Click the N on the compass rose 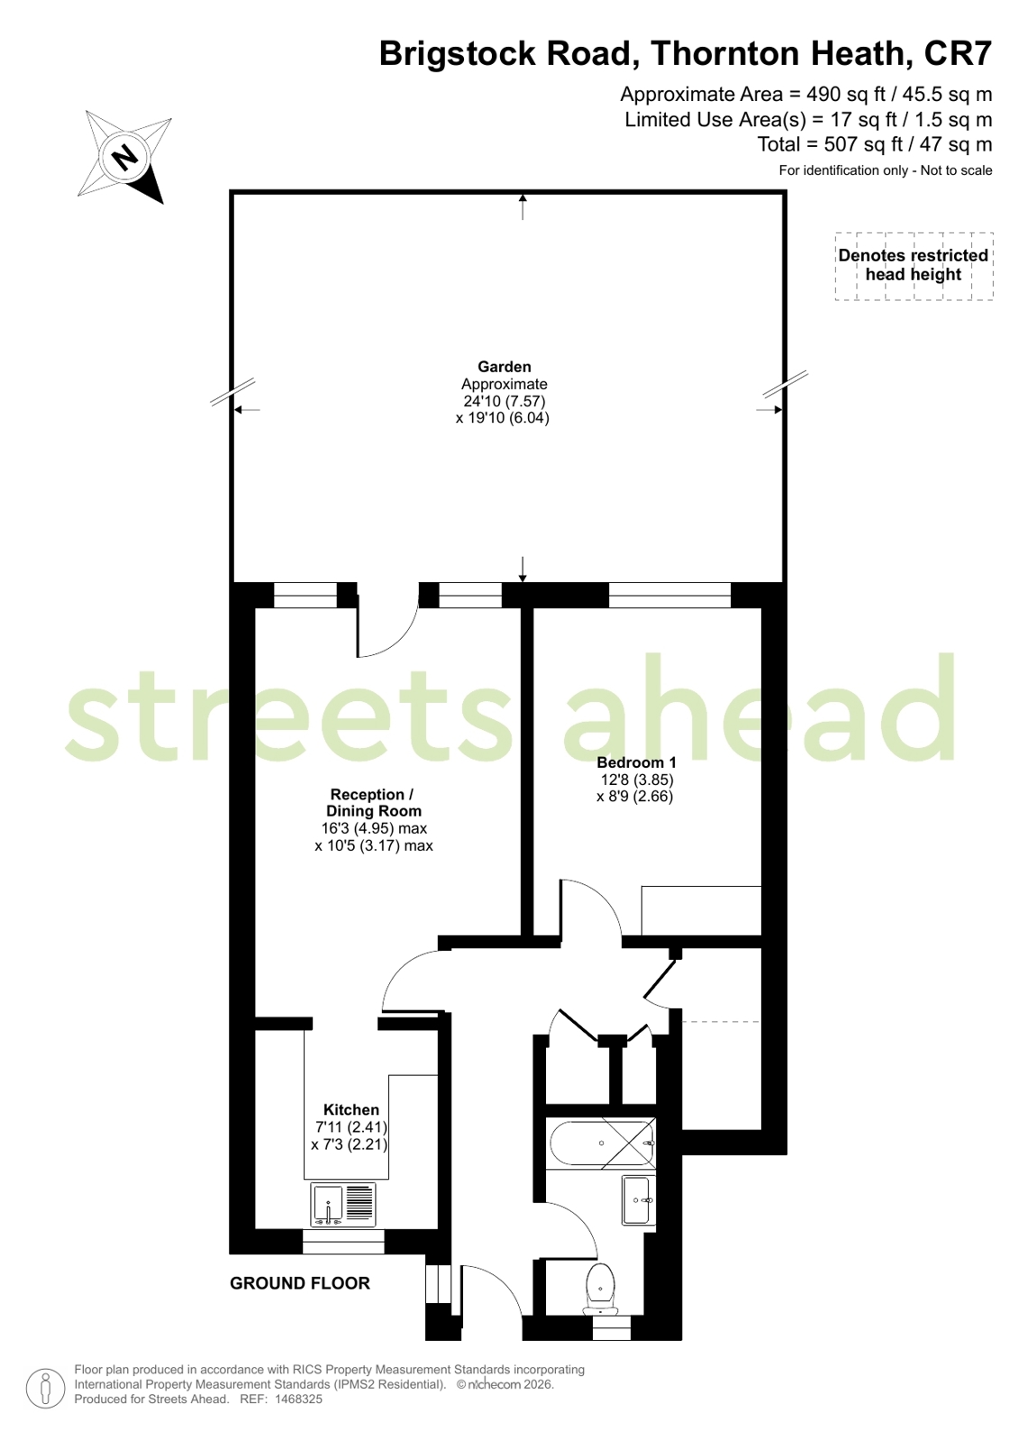coord(124,156)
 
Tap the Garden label coord(505,367)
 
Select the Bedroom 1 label coord(636,762)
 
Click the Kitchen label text coord(350,1109)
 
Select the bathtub coord(601,1143)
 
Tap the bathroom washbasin coord(638,1199)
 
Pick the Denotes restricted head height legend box coord(914,266)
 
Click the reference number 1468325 coord(298,1399)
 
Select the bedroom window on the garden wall coord(669,595)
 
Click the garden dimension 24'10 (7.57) coord(505,401)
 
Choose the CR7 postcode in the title coord(958,53)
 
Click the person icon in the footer coord(45,1388)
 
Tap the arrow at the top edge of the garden coord(523,206)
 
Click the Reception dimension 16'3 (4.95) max coord(374,828)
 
